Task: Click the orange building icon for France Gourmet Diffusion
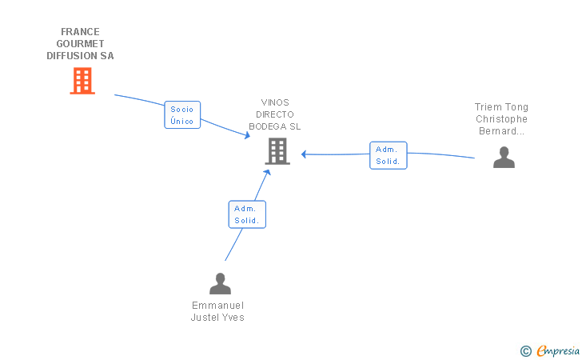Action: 82,81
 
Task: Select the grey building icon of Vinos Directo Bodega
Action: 277,150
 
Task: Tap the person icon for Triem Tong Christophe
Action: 504,157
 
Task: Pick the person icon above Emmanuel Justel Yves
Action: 220,283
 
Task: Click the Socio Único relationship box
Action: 182,115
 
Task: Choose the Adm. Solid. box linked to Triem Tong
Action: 389,155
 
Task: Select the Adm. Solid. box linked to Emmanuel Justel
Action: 246,214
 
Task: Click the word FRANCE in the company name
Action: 80,32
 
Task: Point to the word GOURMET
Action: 80,44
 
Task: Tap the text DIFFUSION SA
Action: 80,56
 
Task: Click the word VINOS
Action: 275,102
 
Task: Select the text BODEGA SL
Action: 275,126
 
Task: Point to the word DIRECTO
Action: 275,114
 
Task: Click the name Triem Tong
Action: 501,107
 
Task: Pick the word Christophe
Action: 501,119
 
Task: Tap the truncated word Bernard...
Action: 501,131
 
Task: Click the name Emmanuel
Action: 217,306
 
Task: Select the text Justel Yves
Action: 217,318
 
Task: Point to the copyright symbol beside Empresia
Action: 525,350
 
